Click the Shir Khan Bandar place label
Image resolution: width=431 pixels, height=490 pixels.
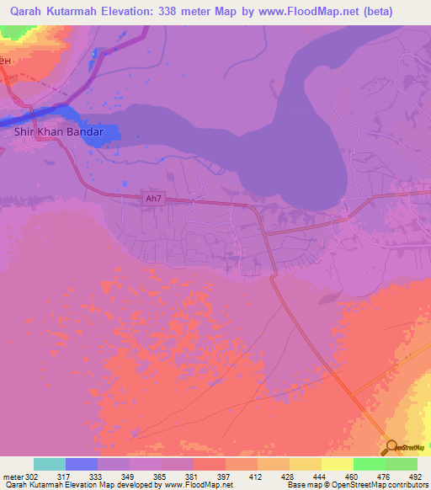coord(58,132)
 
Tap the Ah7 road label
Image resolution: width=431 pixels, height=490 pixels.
coord(152,199)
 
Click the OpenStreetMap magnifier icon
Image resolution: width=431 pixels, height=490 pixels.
coord(392,447)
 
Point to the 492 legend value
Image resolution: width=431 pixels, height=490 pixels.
coord(416,476)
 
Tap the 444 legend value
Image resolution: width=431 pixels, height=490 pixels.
coord(320,476)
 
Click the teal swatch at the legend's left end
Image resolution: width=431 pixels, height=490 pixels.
coord(50,464)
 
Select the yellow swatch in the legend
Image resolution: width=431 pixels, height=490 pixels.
coord(337,464)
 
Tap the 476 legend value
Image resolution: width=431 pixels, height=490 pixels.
coord(385,476)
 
